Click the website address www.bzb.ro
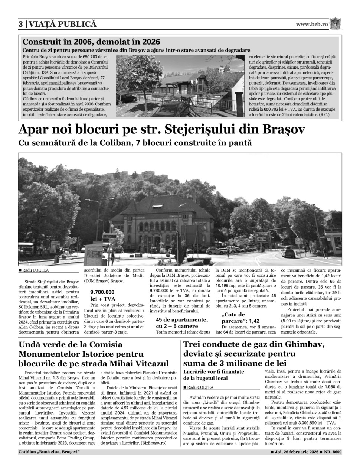click(312, 24)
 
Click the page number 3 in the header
click(21, 25)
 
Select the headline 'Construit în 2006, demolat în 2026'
click(91, 42)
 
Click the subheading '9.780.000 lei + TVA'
click(103, 295)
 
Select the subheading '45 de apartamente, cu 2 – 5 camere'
click(181, 323)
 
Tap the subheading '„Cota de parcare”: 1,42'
click(240, 318)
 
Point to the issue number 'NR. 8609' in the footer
click(333, 452)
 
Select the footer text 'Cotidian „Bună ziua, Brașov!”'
click(49, 452)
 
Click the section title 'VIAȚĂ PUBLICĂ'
click(63, 25)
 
